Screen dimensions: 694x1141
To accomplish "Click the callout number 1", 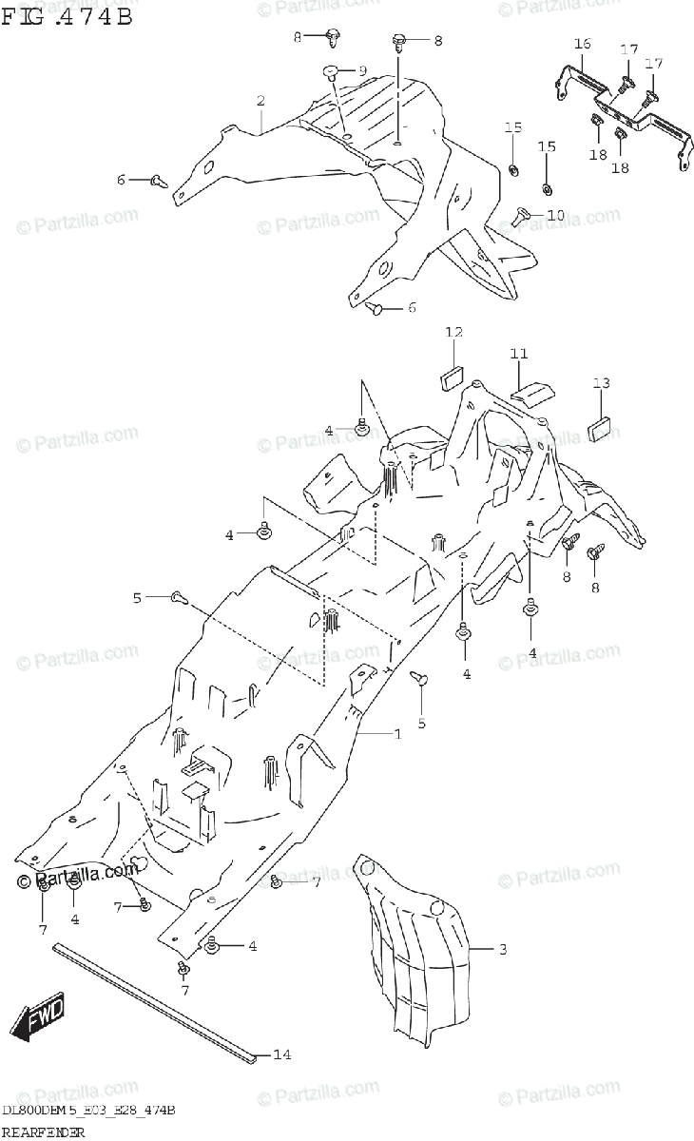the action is pos(397,734).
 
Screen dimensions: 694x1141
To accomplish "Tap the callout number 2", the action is pos(260,102).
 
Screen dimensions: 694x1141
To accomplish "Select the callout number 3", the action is pos(503,950).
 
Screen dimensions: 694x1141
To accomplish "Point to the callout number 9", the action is pos(362,71).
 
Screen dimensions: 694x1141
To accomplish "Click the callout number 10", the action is pos(555,216).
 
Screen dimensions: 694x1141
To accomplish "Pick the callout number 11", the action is pos(518,354).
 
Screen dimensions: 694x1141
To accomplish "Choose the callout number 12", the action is pos(453,332).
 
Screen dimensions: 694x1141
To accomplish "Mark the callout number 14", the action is pos(281,1054).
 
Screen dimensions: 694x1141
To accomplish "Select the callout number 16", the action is pos(583,44).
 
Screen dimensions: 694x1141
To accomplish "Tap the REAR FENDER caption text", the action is pos(44,1131).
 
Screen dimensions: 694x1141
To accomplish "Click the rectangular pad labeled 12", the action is pos(452,378).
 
